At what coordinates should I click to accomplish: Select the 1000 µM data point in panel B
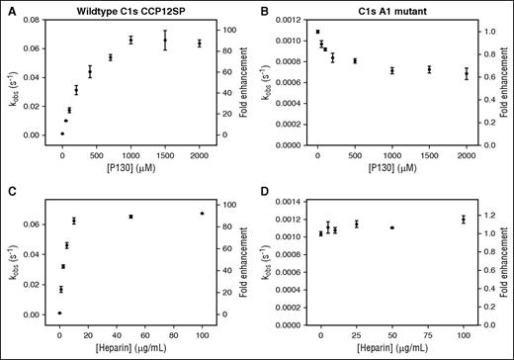tap(392, 71)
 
